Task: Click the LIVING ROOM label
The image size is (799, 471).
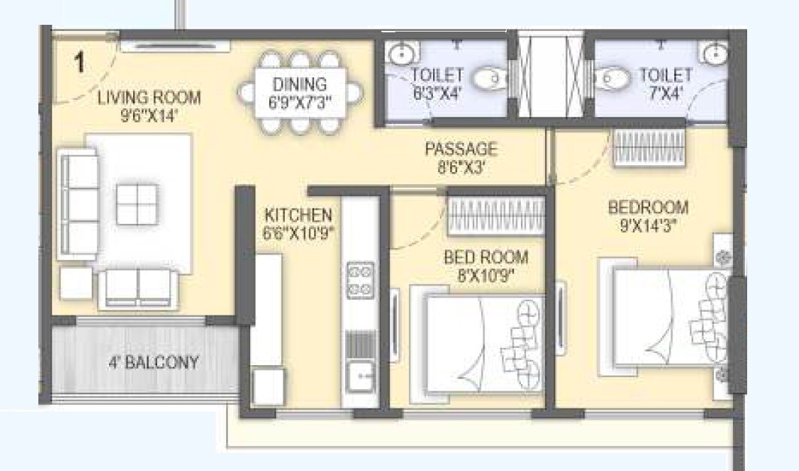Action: click(x=149, y=97)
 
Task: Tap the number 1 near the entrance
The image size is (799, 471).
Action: click(x=79, y=62)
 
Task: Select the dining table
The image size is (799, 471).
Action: click(x=300, y=92)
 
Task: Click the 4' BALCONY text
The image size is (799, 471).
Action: click(x=153, y=363)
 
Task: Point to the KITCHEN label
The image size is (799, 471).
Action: click(x=298, y=215)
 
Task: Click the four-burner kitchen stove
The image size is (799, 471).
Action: click(x=360, y=279)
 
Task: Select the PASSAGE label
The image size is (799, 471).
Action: click(x=460, y=149)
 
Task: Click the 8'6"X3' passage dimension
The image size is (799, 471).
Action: click(x=460, y=167)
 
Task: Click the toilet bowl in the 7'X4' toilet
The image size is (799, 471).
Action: click(x=612, y=77)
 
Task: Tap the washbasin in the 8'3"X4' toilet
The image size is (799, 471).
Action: click(x=402, y=54)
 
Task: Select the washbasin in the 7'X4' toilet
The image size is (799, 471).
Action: click(x=714, y=54)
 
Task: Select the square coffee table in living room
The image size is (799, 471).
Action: click(x=138, y=204)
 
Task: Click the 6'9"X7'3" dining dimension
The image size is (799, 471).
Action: click(x=300, y=101)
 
